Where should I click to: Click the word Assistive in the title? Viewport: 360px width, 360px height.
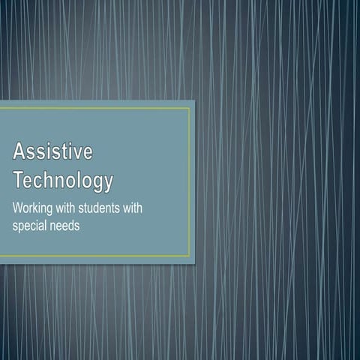[x=52, y=151]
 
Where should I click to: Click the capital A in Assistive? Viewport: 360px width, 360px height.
[x=19, y=151]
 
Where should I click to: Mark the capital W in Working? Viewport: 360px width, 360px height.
[x=19, y=207]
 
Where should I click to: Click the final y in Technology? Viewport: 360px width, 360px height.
[x=108, y=183]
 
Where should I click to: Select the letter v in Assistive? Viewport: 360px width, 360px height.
[x=75, y=152]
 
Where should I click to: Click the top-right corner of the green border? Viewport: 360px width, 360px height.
[x=190, y=108]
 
